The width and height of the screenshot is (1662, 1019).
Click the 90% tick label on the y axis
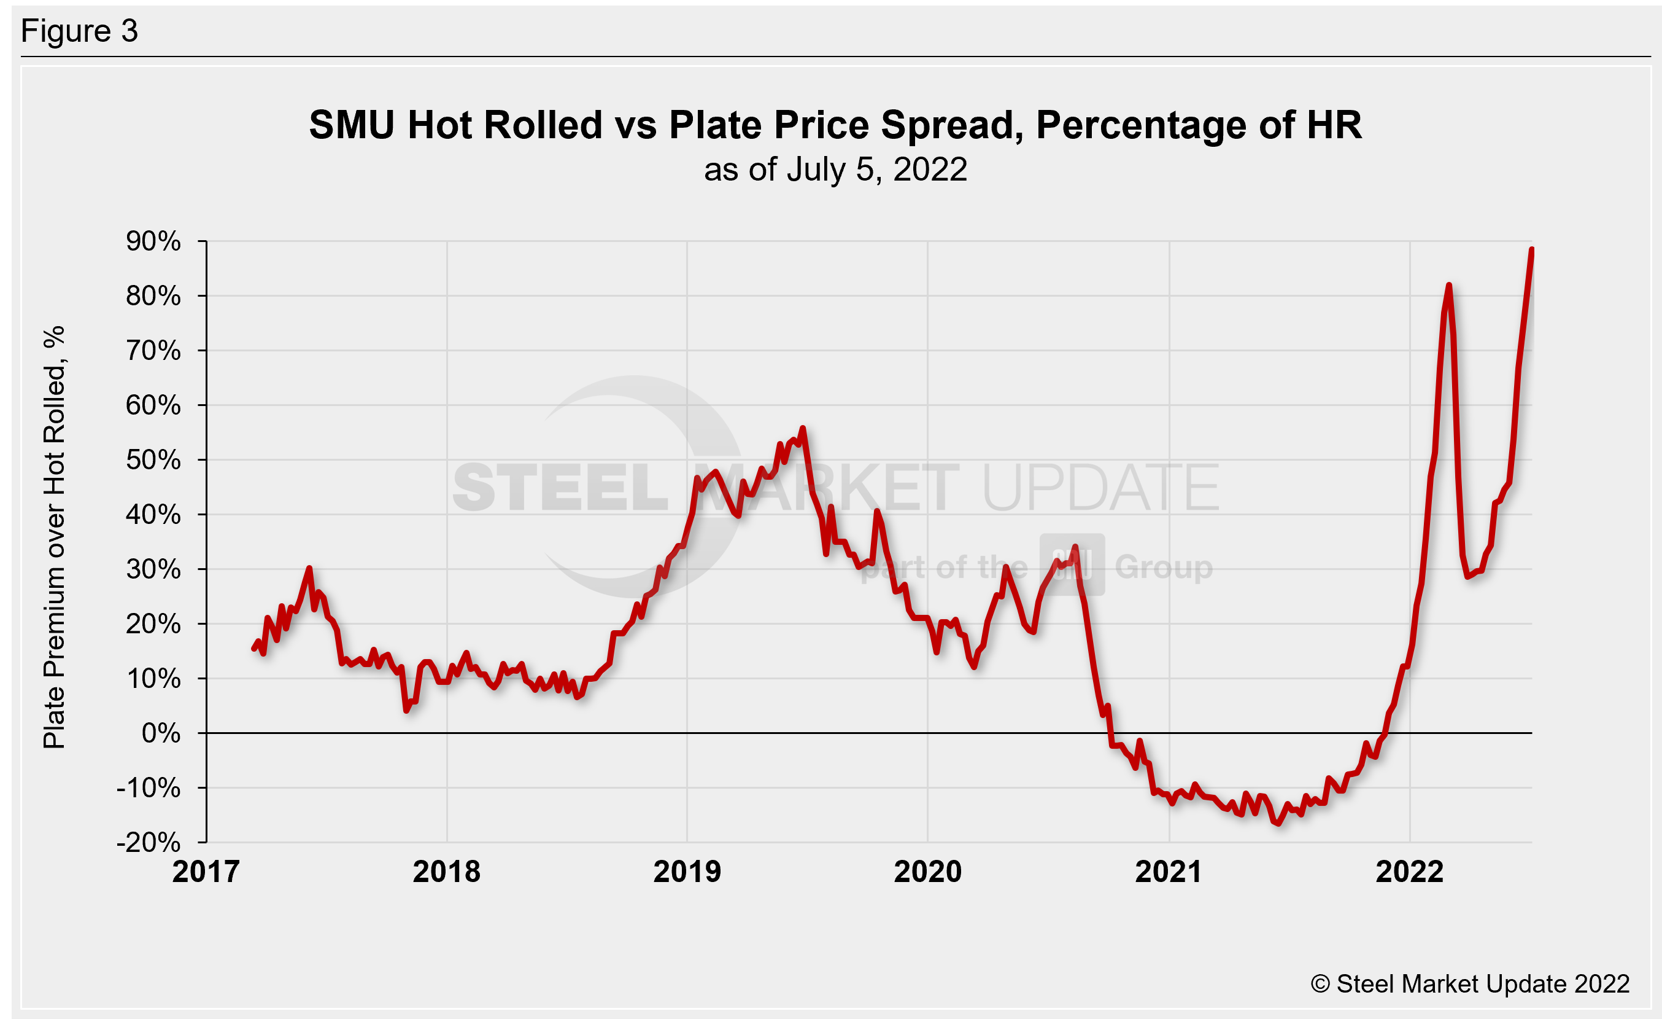pos(153,241)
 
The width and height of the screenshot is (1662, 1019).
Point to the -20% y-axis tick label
pos(149,842)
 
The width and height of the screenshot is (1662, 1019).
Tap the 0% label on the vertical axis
pos(161,733)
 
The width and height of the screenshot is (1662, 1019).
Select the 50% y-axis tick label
pos(153,459)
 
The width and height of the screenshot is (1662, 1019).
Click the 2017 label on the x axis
pos(206,871)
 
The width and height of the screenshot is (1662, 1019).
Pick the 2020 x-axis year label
pos(927,871)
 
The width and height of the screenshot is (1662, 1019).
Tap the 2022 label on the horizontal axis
pos(1409,871)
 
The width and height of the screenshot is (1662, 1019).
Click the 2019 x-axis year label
pos(687,871)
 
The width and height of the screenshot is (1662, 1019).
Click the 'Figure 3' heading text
pos(80,31)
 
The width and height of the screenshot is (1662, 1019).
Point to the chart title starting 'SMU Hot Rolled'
pos(835,125)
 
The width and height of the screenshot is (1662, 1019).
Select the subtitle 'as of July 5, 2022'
pos(835,170)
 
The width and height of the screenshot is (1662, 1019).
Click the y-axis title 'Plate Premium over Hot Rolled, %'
pos(54,537)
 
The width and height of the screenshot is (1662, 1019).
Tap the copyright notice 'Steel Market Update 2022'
pos(1471,983)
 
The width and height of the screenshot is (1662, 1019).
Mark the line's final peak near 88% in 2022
pos(1532,250)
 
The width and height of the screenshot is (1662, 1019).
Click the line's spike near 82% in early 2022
pos(1448,286)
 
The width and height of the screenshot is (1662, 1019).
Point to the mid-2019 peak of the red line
pos(802,428)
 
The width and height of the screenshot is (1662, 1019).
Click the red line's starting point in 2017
pos(253,649)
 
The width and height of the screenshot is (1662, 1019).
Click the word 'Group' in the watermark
pos(1164,567)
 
